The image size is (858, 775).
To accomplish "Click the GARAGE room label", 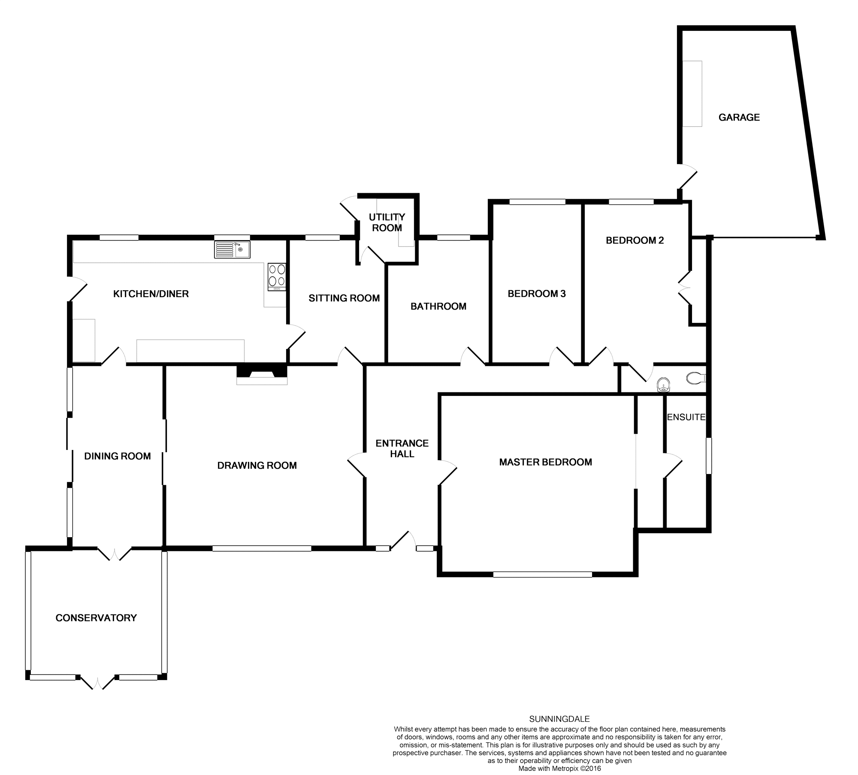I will [x=739, y=117].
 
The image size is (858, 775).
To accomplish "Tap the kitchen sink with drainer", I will [x=232, y=249].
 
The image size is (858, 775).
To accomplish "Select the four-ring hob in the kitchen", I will [x=277, y=275].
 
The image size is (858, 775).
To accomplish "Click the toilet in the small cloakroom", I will [x=696, y=378].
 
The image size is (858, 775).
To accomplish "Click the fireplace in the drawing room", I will [x=262, y=374].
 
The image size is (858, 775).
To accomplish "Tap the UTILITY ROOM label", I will [x=387, y=222].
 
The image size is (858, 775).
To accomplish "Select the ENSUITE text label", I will [x=686, y=417].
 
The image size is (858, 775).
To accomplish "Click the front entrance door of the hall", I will [x=403, y=542].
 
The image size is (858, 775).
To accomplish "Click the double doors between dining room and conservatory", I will [x=114, y=554].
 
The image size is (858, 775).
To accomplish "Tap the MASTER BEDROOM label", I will [x=545, y=462].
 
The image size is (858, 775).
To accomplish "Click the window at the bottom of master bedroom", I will [x=542, y=574].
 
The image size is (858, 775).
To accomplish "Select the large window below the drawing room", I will [x=262, y=548].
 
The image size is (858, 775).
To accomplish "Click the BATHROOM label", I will [x=438, y=306].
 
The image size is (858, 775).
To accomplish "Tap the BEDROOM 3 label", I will [x=536, y=294].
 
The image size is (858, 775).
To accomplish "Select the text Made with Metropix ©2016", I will [x=559, y=769].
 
